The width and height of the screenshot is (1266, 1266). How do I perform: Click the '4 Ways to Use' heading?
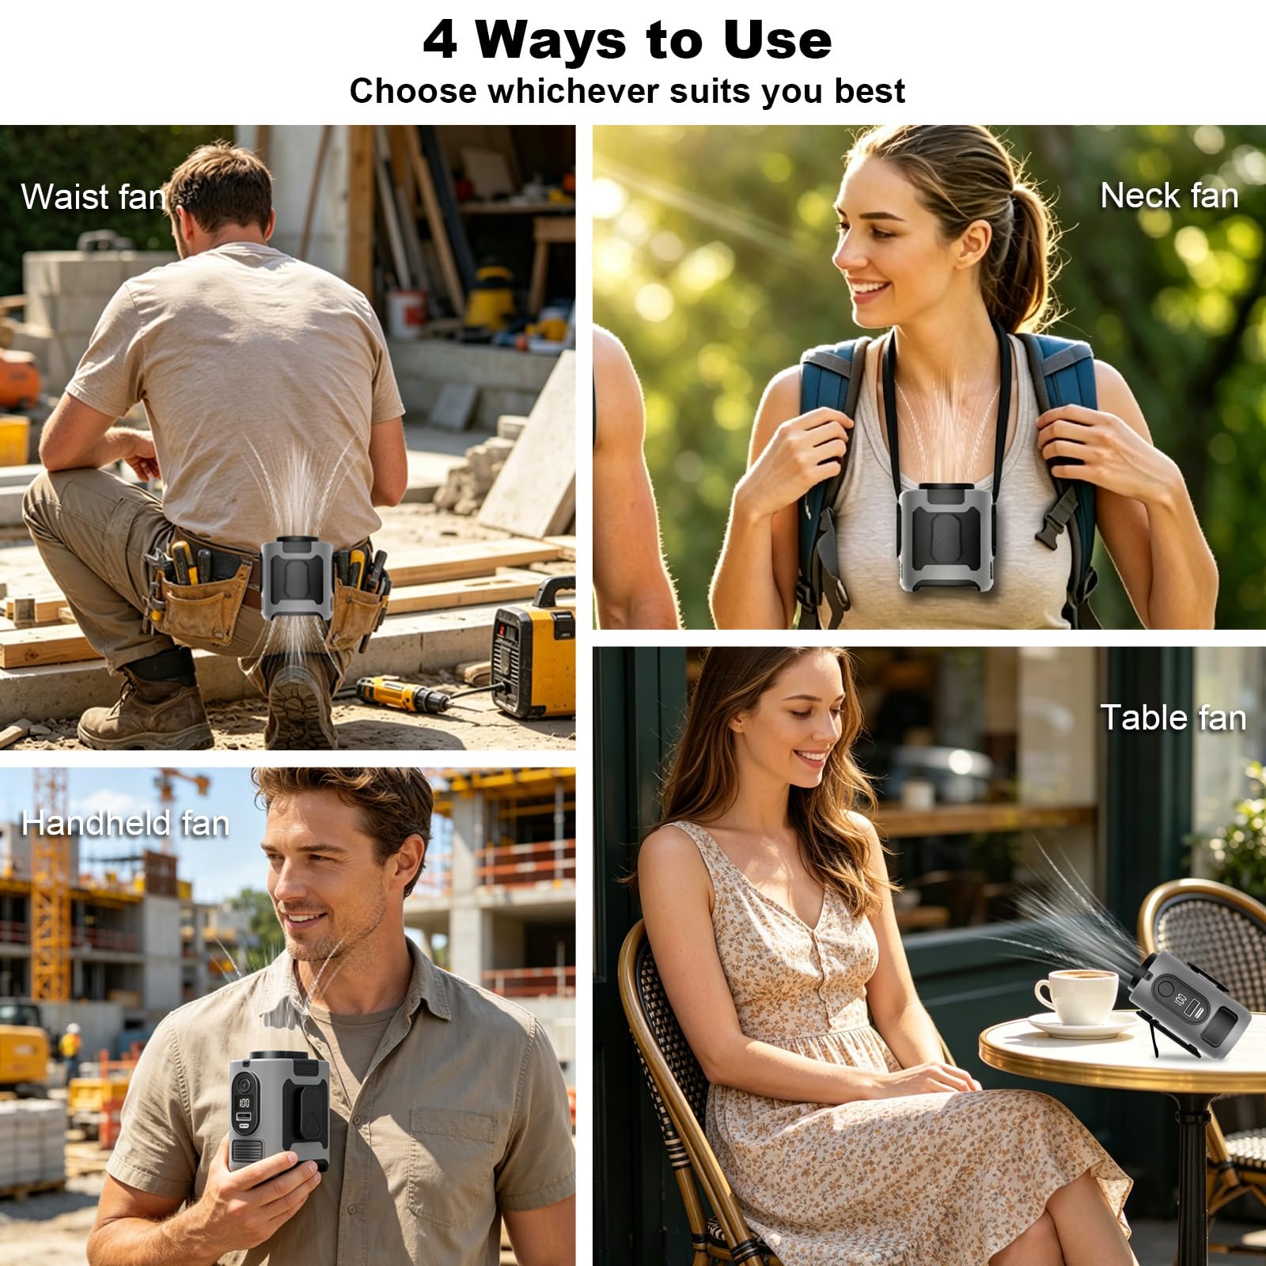(627, 40)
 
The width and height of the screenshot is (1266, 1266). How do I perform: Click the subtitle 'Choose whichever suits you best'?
(627, 92)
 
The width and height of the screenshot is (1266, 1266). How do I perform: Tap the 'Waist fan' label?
(93, 197)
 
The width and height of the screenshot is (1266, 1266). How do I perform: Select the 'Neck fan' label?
(1169, 195)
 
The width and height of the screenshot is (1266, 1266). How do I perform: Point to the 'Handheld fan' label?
(125, 823)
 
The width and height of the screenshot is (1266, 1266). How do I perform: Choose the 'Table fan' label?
(1173, 718)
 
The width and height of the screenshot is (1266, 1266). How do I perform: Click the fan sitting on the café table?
(1192, 1003)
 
